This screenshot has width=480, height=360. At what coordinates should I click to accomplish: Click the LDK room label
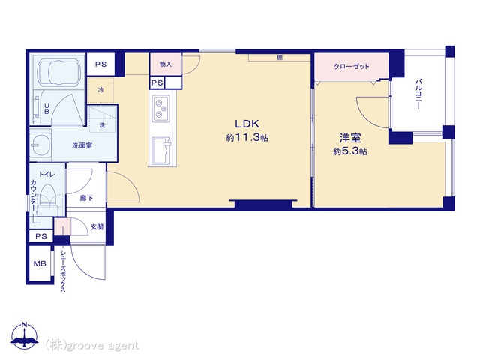(x=247, y=124)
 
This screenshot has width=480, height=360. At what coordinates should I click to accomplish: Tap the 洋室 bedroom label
(x=350, y=138)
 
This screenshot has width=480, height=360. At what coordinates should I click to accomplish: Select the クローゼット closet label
(x=352, y=66)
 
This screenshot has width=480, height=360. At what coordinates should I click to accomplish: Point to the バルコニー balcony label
(x=418, y=94)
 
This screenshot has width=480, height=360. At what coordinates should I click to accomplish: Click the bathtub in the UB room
(x=58, y=72)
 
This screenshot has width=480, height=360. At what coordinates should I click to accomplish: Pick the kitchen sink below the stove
(x=161, y=150)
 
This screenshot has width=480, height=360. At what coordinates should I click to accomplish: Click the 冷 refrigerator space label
(x=100, y=90)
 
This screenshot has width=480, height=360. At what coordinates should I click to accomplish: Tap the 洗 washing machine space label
(x=102, y=125)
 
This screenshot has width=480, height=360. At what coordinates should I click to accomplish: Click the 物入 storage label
(x=166, y=64)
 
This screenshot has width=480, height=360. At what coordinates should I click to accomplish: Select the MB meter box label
(x=40, y=263)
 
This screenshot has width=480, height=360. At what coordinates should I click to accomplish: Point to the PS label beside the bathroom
(x=100, y=64)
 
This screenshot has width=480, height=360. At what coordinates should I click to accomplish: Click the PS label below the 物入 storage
(x=157, y=83)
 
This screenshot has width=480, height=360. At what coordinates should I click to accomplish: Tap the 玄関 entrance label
(x=97, y=226)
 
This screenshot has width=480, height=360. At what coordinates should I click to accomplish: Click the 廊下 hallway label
(x=86, y=198)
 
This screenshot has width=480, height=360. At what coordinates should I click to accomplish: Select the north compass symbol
(x=24, y=335)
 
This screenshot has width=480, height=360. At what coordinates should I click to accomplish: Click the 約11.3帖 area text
(x=247, y=138)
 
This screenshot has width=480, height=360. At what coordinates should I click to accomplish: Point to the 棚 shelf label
(x=280, y=58)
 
